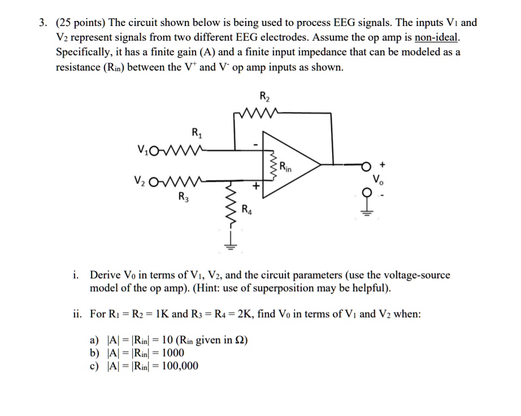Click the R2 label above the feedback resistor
point(264,96)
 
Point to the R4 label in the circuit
point(247,210)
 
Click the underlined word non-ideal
point(437,38)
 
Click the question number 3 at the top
point(42,23)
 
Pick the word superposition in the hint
point(313,288)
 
